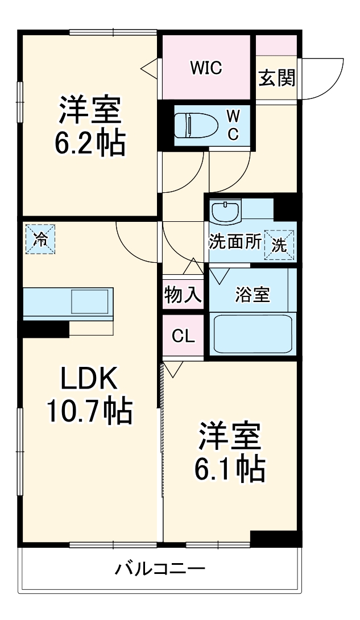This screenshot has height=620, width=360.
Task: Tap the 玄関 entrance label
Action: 277,78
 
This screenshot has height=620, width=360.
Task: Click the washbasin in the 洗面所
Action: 226,212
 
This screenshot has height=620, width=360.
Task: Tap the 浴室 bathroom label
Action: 253,295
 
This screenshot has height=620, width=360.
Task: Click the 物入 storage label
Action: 183,295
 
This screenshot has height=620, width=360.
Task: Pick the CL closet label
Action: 183,336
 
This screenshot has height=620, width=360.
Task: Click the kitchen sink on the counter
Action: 89,301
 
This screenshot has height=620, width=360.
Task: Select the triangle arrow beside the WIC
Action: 149,68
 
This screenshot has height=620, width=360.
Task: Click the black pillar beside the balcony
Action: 275,538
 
